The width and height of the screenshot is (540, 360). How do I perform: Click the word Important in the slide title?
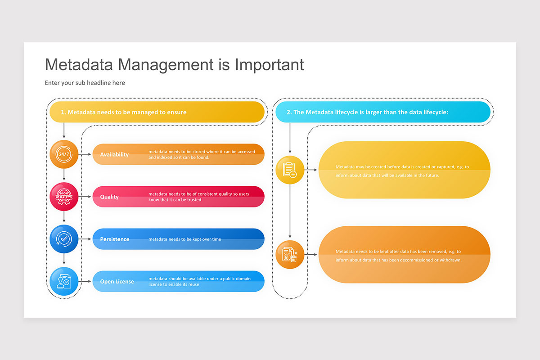[x=269, y=65]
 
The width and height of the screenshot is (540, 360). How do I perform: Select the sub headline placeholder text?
[x=85, y=83]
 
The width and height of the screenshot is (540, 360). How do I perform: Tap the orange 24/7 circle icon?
[x=64, y=154]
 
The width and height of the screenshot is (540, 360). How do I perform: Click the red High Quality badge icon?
[x=64, y=197]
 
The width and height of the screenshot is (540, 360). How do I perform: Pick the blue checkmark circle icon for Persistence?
[x=64, y=239]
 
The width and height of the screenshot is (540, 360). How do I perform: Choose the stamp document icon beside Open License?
[x=64, y=281]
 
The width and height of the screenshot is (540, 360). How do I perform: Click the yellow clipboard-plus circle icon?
[x=290, y=170]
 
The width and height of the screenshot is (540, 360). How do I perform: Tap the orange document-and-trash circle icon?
[x=290, y=254]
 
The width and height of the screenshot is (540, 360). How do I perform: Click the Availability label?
[x=114, y=154]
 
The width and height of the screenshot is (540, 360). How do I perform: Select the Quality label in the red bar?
[x=109, y=197]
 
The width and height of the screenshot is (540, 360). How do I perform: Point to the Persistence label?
[x=115, y=239]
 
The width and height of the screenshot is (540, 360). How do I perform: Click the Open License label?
[x=117, y=281]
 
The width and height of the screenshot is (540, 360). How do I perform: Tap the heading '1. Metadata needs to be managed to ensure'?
[x=123, y=112]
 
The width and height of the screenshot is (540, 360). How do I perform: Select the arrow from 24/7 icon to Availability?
[x=85, y=154]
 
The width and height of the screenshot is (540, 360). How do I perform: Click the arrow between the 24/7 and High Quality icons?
[x=64, y=175]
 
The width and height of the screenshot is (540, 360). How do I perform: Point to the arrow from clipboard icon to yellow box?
[x=311, y=170]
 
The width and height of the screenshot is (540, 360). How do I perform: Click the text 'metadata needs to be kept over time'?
[x=184, y=239]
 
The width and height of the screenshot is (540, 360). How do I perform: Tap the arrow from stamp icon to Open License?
[x=85, y=281]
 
